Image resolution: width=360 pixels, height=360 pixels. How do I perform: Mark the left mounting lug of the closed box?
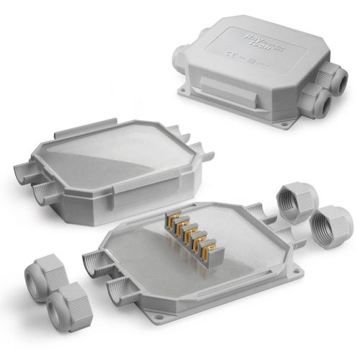186,94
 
